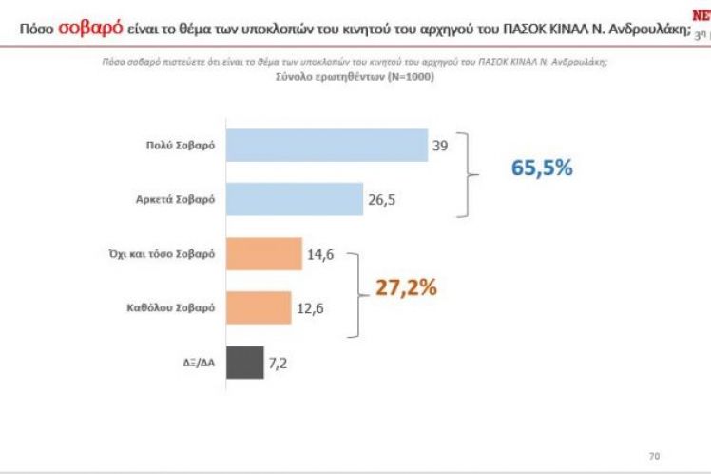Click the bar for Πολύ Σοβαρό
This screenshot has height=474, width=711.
pos(326,146)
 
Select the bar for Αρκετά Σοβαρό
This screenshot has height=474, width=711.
pos(295,200)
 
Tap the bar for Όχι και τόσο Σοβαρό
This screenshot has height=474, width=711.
pos(263,253)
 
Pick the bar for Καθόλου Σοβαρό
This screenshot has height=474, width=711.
pos(259,307)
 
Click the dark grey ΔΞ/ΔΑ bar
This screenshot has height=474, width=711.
pos(244,363)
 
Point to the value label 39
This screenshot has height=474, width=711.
pos(441,146)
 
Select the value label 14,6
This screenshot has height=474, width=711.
pos(319,254)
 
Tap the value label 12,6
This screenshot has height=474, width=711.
pos(309,307)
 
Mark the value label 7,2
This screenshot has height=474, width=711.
pos(279,363)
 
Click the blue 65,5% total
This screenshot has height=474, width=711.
pos(543,168)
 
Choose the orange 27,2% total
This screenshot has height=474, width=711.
pos(405,287)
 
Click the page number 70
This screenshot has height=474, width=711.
pos(653,455)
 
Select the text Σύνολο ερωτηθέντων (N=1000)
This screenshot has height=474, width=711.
pos(353,77)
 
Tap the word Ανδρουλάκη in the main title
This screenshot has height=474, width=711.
pos(640,28)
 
